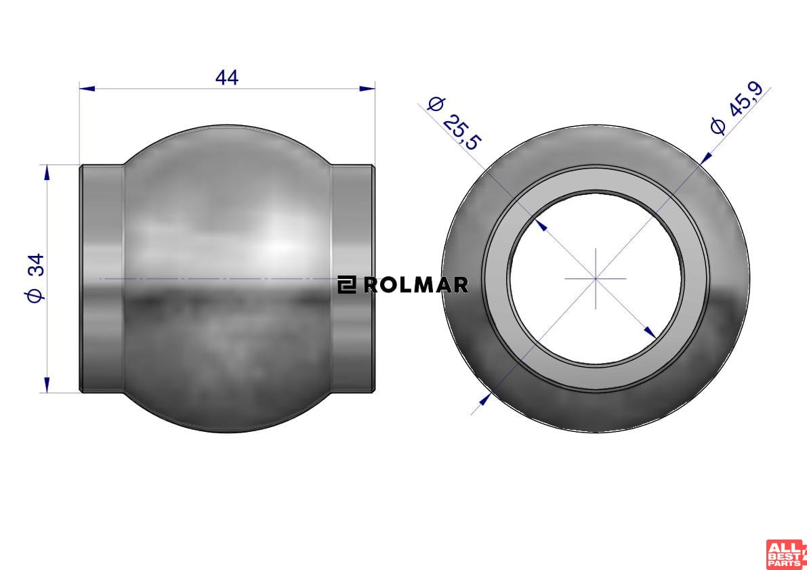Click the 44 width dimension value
pos(227,78)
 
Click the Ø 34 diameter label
pos(35,278)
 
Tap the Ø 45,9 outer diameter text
pos(737,108)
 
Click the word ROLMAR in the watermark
pos(416,285)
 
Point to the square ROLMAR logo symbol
pos(347,285)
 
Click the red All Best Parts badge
pos(786,554)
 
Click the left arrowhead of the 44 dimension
pos(87,89)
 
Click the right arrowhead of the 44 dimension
pos(367,89)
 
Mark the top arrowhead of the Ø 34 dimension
pos(47,173)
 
